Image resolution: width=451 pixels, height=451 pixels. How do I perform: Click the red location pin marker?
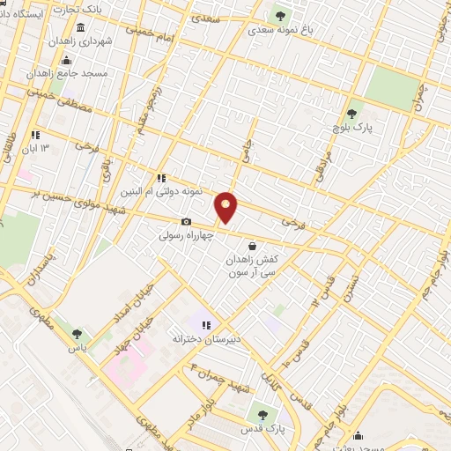(226, 207)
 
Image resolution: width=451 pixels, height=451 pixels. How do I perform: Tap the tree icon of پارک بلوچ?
(352, 113)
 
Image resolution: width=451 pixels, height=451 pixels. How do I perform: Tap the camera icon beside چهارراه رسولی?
(186, 222)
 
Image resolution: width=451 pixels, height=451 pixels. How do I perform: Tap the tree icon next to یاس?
(78, 334)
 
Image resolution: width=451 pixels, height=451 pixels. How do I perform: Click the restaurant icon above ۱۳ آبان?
(35, 135)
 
